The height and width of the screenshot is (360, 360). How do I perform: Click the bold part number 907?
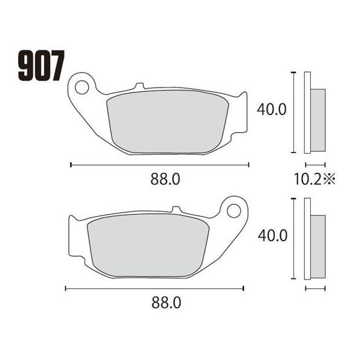pyautogui.click(x=41, y=65)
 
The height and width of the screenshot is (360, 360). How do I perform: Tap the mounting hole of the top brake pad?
pyautogui.click(x=82, y=87)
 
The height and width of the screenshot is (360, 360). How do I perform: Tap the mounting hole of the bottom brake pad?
pyautogui.click(x=234, y=211)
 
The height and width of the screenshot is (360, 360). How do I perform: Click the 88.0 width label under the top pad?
pyautogui.click(x=166, y=179)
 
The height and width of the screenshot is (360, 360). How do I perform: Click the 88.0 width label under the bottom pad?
pyautogui.click(x=166, y=302)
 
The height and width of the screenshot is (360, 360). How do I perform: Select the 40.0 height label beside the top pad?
pyautogui.click(x=272, y=110)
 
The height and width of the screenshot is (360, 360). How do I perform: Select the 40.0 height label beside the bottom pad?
pyautogui.click(x=273, y=236)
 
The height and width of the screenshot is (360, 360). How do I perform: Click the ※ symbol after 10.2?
pyautogui.click(x=329, y=179)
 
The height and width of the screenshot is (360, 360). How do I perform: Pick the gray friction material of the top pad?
pyautogui.click(x=167, y=122)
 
